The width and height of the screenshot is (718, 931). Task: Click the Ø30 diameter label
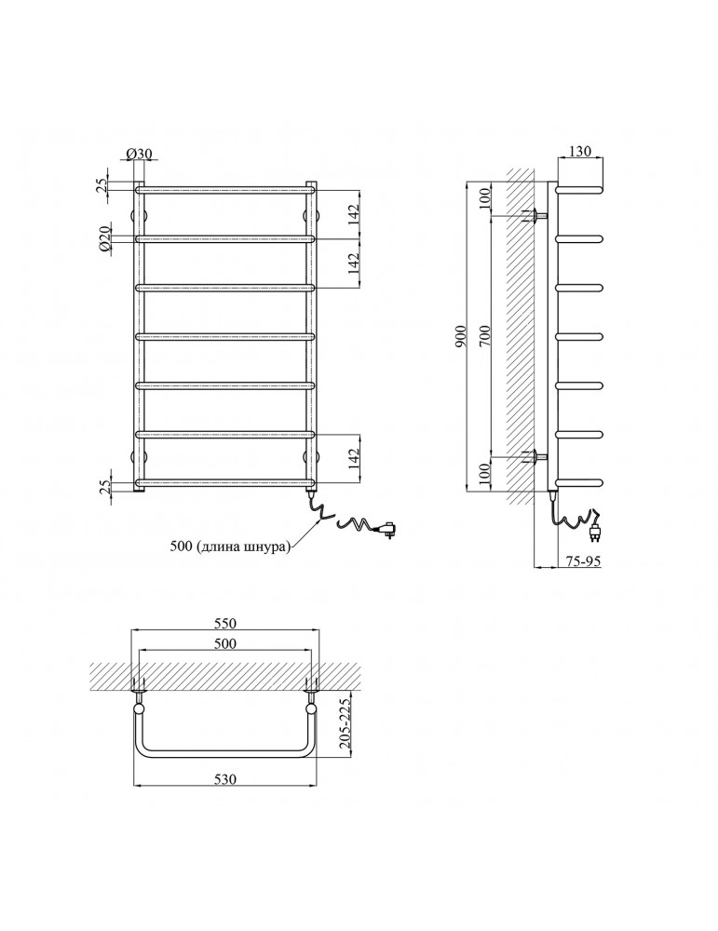pos(139,154)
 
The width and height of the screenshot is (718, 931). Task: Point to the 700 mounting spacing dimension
pos(484,338)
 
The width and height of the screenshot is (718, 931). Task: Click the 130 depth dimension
pos(580,152)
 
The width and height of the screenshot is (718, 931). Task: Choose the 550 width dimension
pos(225,623)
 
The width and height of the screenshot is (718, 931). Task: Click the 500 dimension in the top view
pos(225,643)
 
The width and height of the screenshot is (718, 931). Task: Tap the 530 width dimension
pos(225,779)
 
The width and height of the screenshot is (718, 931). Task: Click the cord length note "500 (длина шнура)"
pos(230,546)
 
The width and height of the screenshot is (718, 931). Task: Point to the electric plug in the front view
pos(387,529)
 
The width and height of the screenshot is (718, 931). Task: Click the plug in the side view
pos(594,529)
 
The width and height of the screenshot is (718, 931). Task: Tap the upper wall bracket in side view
pos(534,216)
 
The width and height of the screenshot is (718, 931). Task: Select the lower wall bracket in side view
pos(534,456)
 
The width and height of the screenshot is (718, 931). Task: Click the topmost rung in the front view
pos(225,190)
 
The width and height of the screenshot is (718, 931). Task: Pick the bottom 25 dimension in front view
pos(104,488)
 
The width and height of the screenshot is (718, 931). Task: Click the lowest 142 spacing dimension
pos(353,457)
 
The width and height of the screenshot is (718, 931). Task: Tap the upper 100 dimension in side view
pos(484,197)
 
